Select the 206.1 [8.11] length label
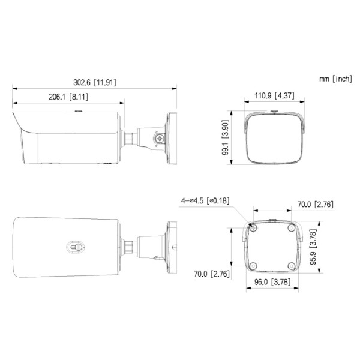tap(67, 96)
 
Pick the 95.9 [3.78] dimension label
tap(313, 248)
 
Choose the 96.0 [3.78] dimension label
tap(273, 282)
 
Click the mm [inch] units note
tap(335, 79)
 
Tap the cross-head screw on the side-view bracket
tap(161, 139)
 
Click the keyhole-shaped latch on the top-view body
tap(76, 246)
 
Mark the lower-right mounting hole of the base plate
tap(292, 266)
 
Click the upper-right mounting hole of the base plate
tap(292, 228)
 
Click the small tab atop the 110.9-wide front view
tap(274, 110)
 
